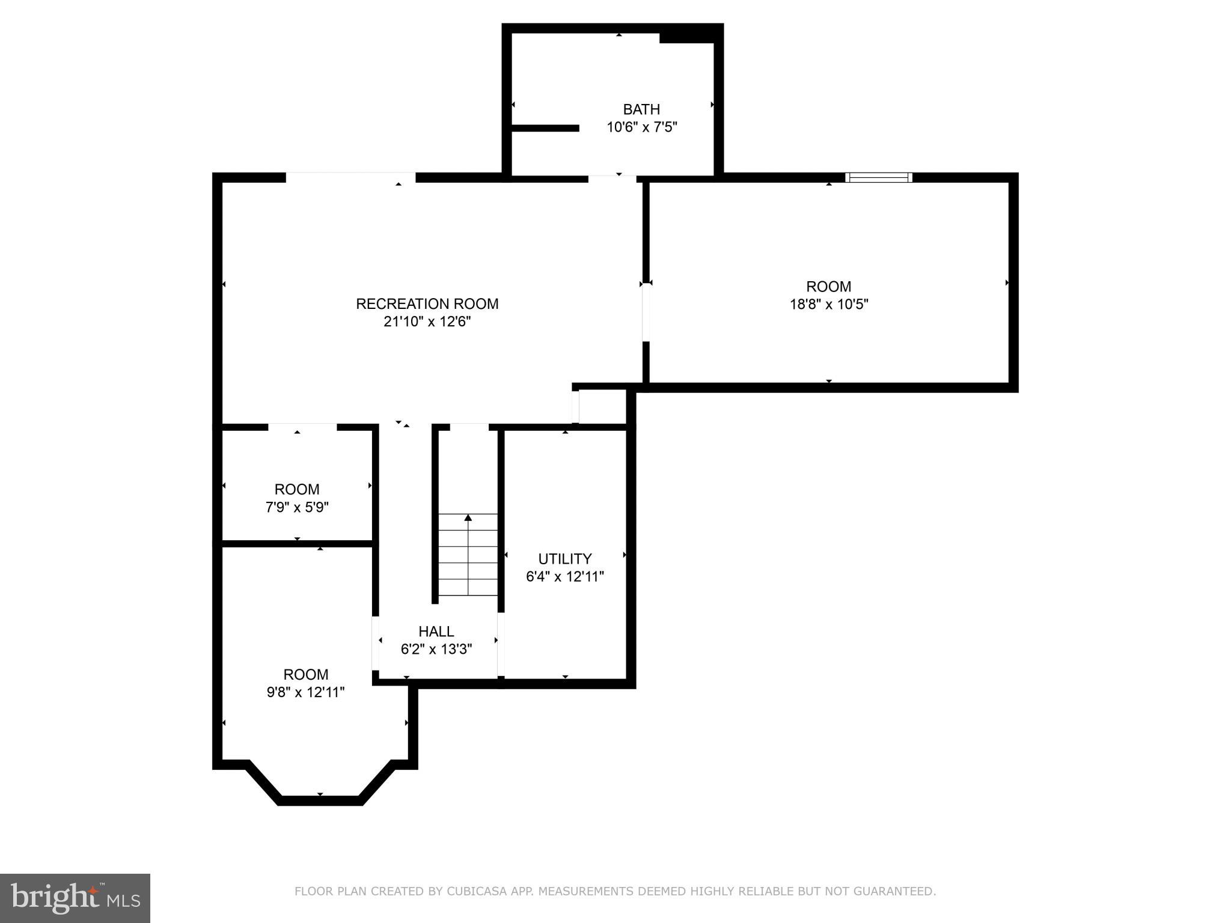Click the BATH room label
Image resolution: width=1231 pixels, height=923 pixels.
point(641,109)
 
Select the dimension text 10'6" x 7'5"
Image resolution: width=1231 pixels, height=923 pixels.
point(641,127)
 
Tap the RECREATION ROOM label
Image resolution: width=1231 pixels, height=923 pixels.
point(427,304)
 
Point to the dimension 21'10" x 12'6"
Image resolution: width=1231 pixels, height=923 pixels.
point(427,322)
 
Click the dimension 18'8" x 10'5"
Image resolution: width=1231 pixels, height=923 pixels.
point(828,305)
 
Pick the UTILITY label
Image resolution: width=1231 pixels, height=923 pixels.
point(564,559)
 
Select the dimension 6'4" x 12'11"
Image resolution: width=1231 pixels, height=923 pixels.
point(564,577)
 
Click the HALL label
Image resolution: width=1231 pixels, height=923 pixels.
point(436,632)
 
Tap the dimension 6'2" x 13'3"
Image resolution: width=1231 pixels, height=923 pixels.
point(436,650)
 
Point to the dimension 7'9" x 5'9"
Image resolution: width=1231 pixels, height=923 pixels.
point(297,508)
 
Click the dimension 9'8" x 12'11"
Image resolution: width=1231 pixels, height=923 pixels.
point(305,692)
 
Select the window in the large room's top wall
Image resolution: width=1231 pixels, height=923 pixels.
point(878,177)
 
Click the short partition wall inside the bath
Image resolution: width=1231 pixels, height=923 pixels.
point(545,128)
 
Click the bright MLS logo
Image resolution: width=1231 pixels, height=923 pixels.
point(75,898)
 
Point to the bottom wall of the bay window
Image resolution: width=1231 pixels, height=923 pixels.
point(320,800)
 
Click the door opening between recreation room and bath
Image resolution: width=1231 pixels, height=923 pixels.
point(612,178)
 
